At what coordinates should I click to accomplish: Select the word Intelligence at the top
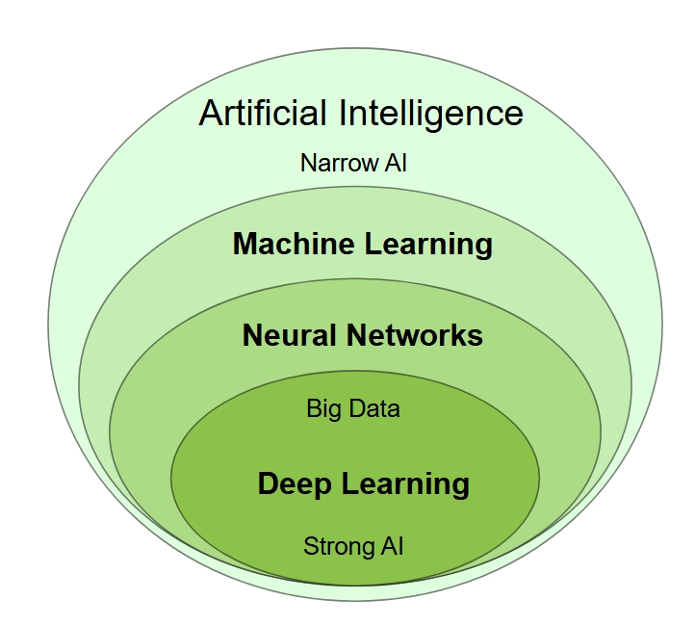tap(430, 114)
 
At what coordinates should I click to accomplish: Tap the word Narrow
tap(336, 162)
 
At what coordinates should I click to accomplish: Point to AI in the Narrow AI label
tap(396, 162)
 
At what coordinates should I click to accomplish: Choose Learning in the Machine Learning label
tap(428, 245)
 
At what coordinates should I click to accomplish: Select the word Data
tap(373, 408)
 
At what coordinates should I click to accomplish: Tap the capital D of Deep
tap(268, 483)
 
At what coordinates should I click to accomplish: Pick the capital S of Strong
tap(310, 547)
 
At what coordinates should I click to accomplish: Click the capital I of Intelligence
tap(343, 113)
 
